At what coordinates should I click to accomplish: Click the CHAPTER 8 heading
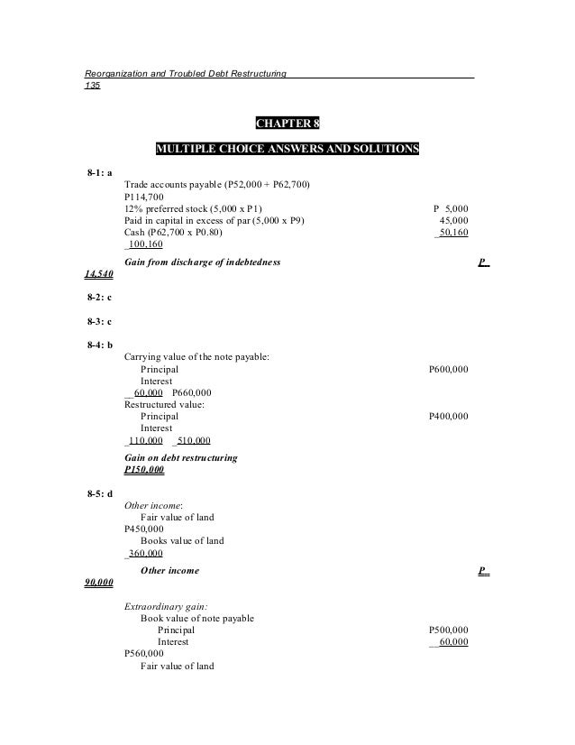pos(287,123)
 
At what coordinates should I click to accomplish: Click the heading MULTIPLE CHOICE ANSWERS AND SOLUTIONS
pos(287,148)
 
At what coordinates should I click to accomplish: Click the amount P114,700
pos(143,197)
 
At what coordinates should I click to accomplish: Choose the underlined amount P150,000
pos(144,470)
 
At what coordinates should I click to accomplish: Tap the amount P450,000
pos(143,529)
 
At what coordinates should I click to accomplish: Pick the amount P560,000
pos(143,654)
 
